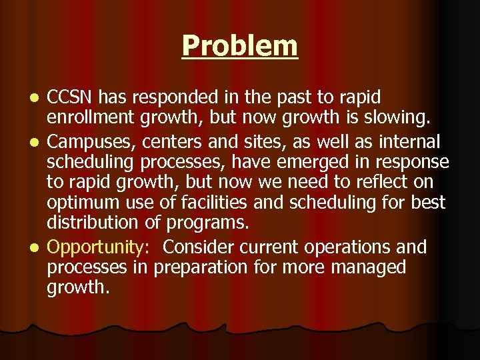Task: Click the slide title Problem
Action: click(x=239, y=46)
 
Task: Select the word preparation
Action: click(x=200, y=268)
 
